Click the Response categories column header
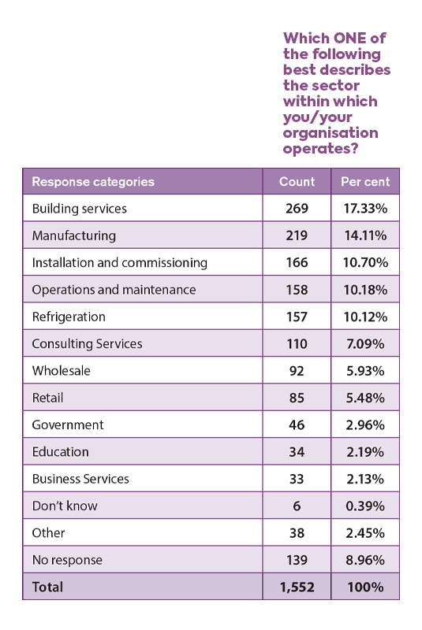(93, 182)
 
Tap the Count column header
(297, 182)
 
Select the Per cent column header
(365, 182)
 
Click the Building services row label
(79, 209)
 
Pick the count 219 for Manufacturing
(297, 235)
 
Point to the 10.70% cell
(365, 262)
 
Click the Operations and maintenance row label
(114, 290)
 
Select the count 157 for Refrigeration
(297, 317)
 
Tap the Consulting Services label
(87, 344)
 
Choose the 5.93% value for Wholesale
(365, 371)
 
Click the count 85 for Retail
(297, 398)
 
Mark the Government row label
(68, 424)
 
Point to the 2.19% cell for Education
(365, 452)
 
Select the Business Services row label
(80, 479)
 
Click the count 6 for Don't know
(297, 506)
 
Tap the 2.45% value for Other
(365, 533)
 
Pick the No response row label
(67, 560)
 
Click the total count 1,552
(297, 587)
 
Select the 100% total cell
(365, 587)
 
